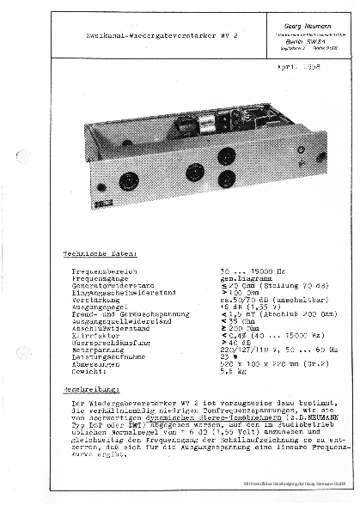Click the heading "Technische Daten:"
click(x=94, y=253)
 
